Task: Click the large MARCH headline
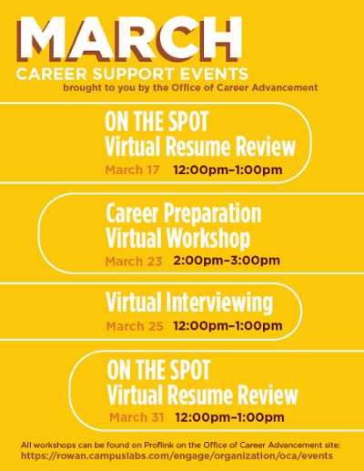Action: point(129,38)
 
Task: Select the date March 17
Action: point(132,169)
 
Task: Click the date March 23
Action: point(134,261)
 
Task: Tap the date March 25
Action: point(135,326)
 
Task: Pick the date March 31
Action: point(136,417)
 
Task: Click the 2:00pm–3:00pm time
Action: point(227,261)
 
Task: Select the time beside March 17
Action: point(227,169)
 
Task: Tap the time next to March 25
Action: point(227,326)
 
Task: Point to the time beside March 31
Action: point(229,417)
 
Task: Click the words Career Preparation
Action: point(184,214)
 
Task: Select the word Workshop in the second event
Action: point(208,239)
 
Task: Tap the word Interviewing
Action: point(219,302)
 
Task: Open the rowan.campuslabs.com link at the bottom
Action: point(177,456)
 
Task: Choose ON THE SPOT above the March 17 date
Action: point(157,121)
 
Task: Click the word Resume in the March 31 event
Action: point(200,394)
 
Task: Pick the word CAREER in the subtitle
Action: point(52,74)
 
